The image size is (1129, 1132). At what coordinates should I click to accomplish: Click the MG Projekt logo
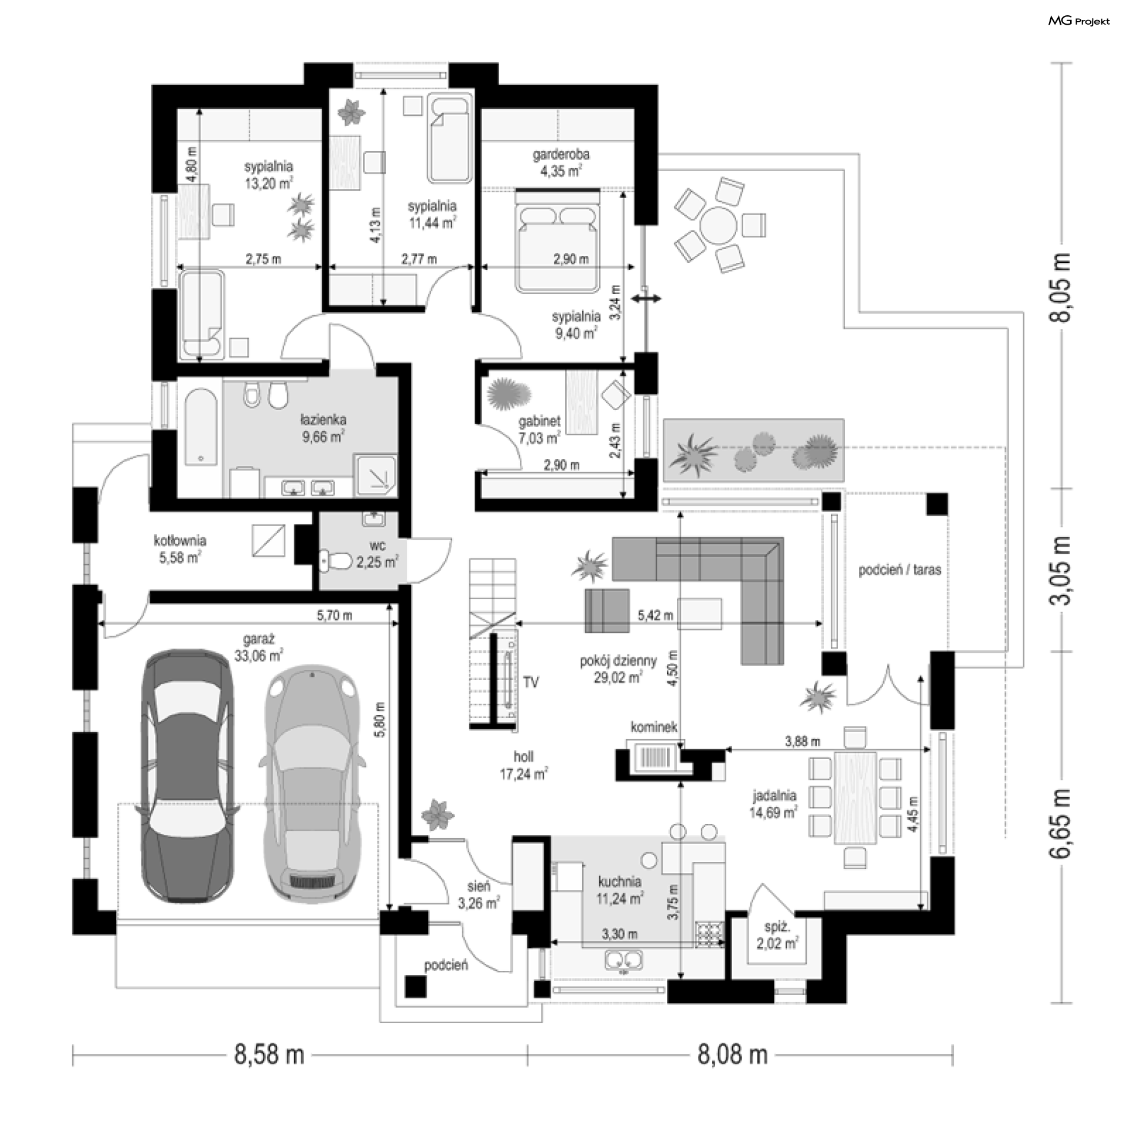coord(1078,21)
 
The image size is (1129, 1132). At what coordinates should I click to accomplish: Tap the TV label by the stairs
coord(531,682)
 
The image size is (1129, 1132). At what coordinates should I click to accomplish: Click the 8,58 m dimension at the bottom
coord(269,1054)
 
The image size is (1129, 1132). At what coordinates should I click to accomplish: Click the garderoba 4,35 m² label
coord(560,162)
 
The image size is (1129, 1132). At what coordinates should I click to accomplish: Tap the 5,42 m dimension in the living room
coord(655,616)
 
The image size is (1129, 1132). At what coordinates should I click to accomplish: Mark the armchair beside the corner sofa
coord(607,610)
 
